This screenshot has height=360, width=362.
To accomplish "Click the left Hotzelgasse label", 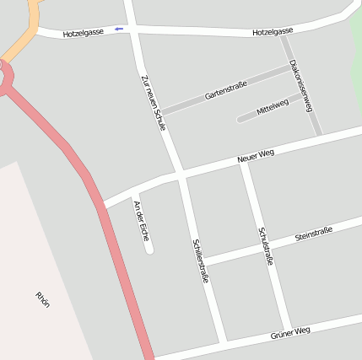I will (x=84, y=32).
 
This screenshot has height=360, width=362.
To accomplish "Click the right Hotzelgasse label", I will (x=273, y=32).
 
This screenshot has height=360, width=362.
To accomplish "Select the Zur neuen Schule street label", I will (x=154, y=101).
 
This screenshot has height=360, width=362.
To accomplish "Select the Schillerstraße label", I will (x=201, y=259).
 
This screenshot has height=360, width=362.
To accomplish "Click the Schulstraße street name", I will (x=266, y=246).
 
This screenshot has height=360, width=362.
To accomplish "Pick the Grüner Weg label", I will (x=290, y=334).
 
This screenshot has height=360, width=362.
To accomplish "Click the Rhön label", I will (x=43, y=298).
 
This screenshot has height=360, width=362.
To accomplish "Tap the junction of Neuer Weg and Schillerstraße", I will (x=181, y=175).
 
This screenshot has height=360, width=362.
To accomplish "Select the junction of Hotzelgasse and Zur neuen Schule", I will (x=132, y=30).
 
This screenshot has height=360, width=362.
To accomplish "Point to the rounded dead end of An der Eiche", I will (x=149, y=249).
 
